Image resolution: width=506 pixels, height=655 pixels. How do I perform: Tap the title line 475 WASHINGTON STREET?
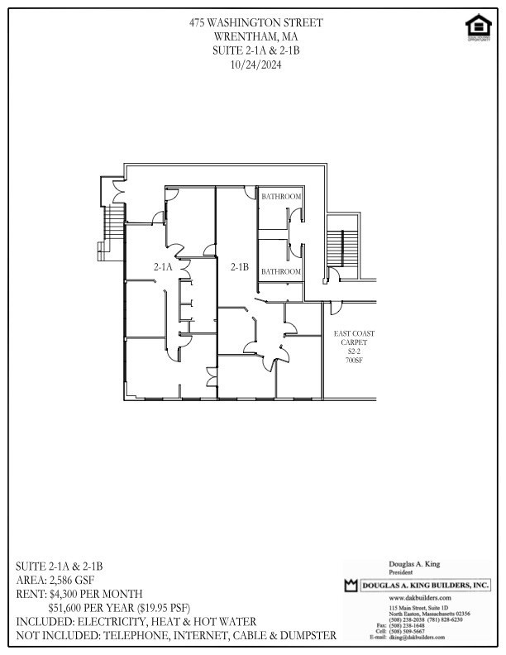(254, 22)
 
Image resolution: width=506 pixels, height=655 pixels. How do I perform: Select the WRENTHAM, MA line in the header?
(254, 36)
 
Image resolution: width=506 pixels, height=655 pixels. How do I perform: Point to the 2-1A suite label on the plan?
(163, 266)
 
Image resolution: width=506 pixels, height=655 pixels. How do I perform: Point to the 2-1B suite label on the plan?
(240, 266)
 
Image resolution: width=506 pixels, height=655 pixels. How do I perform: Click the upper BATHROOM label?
(281, 197)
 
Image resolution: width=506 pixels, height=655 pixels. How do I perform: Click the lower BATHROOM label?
(281, 271)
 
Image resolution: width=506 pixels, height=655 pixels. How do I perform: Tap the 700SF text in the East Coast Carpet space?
(354, 361)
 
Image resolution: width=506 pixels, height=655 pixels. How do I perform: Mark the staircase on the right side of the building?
(339, 246)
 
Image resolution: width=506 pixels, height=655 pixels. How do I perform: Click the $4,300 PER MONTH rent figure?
(96, 594)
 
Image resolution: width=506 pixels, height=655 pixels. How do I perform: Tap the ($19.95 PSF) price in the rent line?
(160, 607)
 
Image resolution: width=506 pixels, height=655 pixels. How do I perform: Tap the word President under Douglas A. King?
(402, 571)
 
